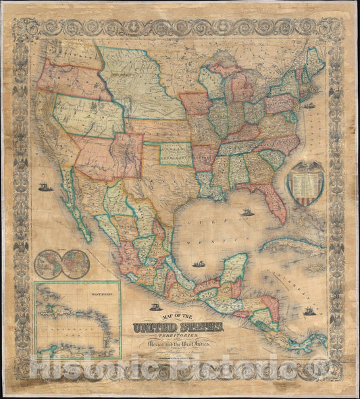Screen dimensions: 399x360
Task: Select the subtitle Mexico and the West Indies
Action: coord(198,348)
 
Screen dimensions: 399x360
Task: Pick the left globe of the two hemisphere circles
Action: coord(49,265)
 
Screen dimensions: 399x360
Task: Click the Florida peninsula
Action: coord(276,203)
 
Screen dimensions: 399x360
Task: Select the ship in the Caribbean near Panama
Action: coord(309,312)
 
